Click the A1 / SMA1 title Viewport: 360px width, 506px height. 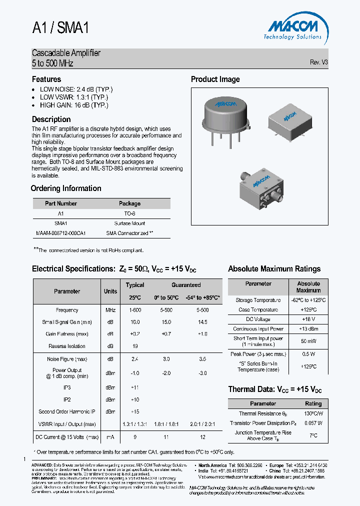pos(60,28)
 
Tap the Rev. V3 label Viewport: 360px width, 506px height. pos(318,62)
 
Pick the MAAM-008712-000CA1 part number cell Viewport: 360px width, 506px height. pos(61,233)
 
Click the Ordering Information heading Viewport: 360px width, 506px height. pos(66,188)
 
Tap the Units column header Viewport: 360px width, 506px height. pos(110,291)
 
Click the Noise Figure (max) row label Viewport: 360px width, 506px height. pos(66,358)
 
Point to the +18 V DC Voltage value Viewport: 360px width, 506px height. pos(308,319)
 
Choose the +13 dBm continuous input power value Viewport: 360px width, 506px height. pos(308,329)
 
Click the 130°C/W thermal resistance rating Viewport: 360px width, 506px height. pos(313,413)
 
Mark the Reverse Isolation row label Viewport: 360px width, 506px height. pos(66,346)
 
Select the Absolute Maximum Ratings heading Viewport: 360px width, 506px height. pos(274,269)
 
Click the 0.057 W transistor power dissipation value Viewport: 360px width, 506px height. pos(313,423)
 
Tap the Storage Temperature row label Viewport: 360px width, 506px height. pos(258,300)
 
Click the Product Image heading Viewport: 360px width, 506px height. pos(215,79)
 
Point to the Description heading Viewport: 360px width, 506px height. pos(51,119)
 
